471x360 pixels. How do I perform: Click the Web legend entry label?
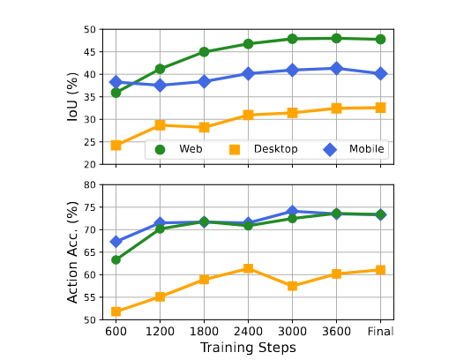pyautogui.click(x=191, y=149)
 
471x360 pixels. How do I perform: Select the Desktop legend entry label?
pyautogui.click(x=275, y=149)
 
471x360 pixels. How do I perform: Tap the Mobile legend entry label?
pyautogui.click(x=367, y=149)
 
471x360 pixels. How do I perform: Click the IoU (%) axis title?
pyautogui.click(x=73, y=96)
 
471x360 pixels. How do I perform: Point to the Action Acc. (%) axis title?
pyautogui.click(x=73, y=252)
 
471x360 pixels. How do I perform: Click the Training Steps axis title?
pyautogui.click(x=248, y=348)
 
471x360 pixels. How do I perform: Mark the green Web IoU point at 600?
pyautogui.click(x=116, y=92)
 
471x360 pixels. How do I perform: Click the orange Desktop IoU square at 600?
pyautogui.click(x=116, y=145)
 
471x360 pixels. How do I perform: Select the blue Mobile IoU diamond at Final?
pyautogui.click(x=380, y=73)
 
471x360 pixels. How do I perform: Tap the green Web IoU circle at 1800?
pyautogui.click(x=204, y=52)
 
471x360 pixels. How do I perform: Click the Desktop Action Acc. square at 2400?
pyautogui.click(x=248, y=268)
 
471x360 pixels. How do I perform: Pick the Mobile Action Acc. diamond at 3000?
pyautogui.click(x=292, y=212)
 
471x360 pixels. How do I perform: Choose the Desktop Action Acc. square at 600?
pyautogui.click(x=116, y=311)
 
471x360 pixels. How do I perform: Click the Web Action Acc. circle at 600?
pyautogui.click(x=116, y=259)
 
